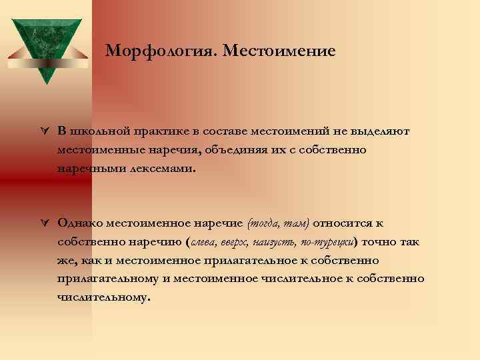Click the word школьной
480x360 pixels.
(99, 131)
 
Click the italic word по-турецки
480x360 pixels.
(328, 241)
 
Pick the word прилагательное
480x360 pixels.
(263, 260)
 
